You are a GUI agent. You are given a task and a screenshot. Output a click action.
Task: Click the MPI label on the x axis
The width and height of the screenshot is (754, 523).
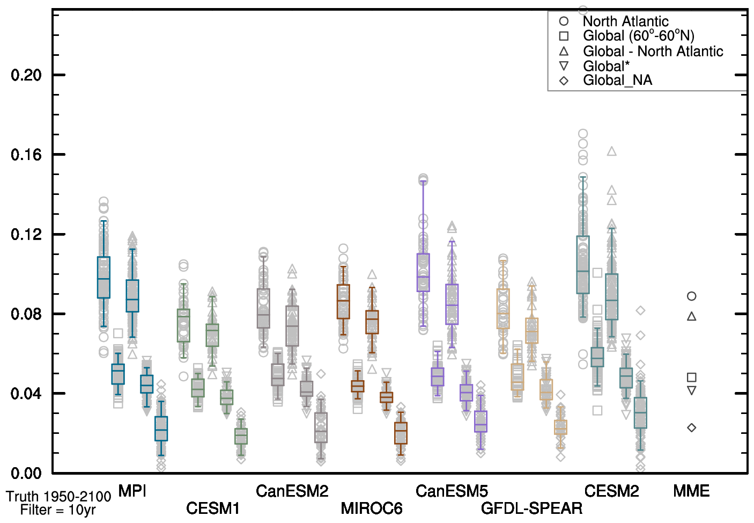[132, 491]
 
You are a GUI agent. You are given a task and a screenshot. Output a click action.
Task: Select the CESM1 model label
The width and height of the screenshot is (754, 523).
[212, 508]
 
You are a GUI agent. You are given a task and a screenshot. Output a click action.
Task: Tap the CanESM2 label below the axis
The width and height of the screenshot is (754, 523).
[292, 491]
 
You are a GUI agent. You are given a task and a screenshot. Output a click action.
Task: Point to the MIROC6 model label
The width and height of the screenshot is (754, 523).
[372, 508]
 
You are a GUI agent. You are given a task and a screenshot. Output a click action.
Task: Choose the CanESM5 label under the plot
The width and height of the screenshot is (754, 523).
[452, 491]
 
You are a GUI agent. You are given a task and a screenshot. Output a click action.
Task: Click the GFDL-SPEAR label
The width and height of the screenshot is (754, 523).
[531, 508]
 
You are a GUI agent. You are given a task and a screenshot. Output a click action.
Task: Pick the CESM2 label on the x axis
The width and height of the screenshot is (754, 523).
[611, 491]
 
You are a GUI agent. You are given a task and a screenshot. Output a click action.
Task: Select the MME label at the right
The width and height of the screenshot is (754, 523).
[691, 491]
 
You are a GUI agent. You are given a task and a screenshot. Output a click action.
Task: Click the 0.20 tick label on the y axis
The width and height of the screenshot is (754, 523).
[26, 75]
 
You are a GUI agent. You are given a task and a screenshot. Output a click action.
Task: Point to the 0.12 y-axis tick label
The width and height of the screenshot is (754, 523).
[26, 235]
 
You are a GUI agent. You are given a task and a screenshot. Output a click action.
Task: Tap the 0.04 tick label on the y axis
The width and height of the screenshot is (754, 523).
[26, 394]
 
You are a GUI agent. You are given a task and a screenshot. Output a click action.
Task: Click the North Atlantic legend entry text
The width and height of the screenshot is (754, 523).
[625, 21]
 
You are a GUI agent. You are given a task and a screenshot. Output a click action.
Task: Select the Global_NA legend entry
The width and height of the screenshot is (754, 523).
[617, 81]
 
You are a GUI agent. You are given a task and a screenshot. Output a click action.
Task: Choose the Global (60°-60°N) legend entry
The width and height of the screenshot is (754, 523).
[638, 36]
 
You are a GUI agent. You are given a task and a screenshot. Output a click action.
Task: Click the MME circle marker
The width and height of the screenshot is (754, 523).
[692, 296]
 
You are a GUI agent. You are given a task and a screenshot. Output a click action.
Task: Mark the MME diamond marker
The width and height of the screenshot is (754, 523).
[692, 428]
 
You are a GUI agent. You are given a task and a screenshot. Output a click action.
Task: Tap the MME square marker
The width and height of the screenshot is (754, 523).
[692, 377]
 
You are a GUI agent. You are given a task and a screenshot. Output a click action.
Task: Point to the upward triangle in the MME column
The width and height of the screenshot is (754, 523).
[692, 317]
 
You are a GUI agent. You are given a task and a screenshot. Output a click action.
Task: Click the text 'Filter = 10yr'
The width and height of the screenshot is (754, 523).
[58, 510]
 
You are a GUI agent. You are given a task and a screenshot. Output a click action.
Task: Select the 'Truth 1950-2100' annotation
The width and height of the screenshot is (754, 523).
[58, 497]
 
